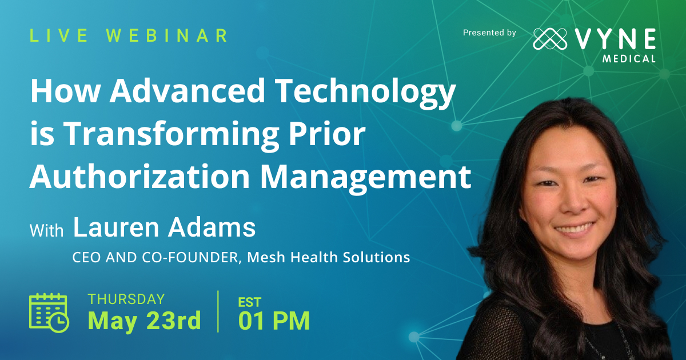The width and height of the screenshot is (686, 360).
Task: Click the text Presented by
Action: pyautogui.click(x=489, y=33)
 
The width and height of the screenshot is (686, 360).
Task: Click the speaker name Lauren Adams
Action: pyautogui.click(x=164, y=227)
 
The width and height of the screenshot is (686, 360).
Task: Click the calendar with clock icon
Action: pyautogui.click(x=49, y=312)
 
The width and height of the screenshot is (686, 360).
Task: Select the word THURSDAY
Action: pyautogui.click(x=126, y=299)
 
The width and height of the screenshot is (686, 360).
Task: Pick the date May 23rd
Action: pyautogui.click(x=144, y=321)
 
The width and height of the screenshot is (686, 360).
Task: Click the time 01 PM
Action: pyautogui.click(x=274, y=321)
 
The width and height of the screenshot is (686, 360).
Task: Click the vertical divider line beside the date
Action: pyautogui.click(x=218, y=311)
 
